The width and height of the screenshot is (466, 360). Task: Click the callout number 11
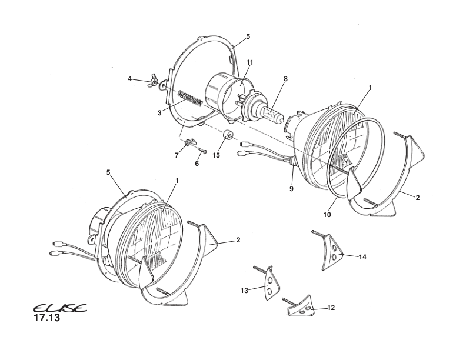click(x=249, y=62)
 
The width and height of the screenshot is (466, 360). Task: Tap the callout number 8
click(x=285, y=78)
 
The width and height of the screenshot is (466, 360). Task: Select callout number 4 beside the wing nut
click(x=129, y=78)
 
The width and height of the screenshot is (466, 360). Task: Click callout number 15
click(x=216, y=155)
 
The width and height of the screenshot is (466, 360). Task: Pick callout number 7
click(x=176, y=155)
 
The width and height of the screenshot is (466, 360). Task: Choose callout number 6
click(x=197, y=163)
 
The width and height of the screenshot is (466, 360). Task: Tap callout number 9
click(x=291, y=189)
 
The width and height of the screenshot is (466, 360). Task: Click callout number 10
click(x=327, y=215)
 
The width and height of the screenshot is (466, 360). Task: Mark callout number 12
click(x=331, y=308)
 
